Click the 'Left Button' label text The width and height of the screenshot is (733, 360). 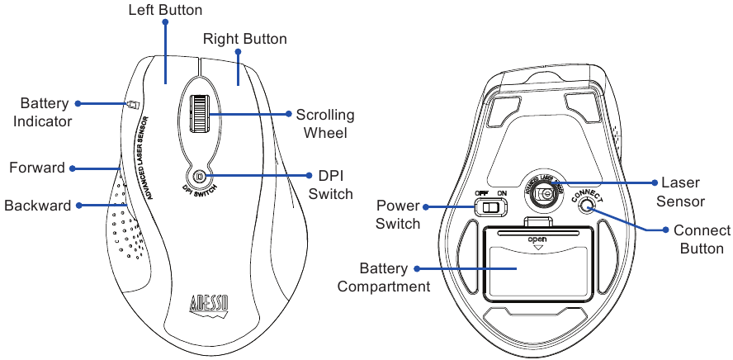(x=165, y=11)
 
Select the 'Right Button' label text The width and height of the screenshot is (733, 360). (x=245, y=39)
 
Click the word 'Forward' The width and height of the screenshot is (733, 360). (x=36, y=168)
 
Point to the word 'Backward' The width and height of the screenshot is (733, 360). (x=38, y=206)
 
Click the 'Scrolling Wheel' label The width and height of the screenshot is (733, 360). (x=324, y=124)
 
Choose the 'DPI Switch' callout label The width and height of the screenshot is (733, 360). (x=329, y=185)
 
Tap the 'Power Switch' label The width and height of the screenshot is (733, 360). (x=398, y=214)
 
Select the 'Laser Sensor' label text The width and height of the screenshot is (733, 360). (x=679, y=192)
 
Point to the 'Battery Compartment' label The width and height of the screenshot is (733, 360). (x=384, y=277)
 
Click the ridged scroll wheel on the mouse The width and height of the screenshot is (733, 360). (x=199, y=113)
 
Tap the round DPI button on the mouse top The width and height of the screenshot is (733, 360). (x=199, y=175)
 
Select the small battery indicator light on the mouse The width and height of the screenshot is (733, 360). (x=132, y=105)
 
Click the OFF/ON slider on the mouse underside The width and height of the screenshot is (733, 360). (x=494, y=206)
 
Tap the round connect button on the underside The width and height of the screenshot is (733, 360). (x=587, y=206)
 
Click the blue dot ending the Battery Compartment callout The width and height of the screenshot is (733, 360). (x=417, y=268)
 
